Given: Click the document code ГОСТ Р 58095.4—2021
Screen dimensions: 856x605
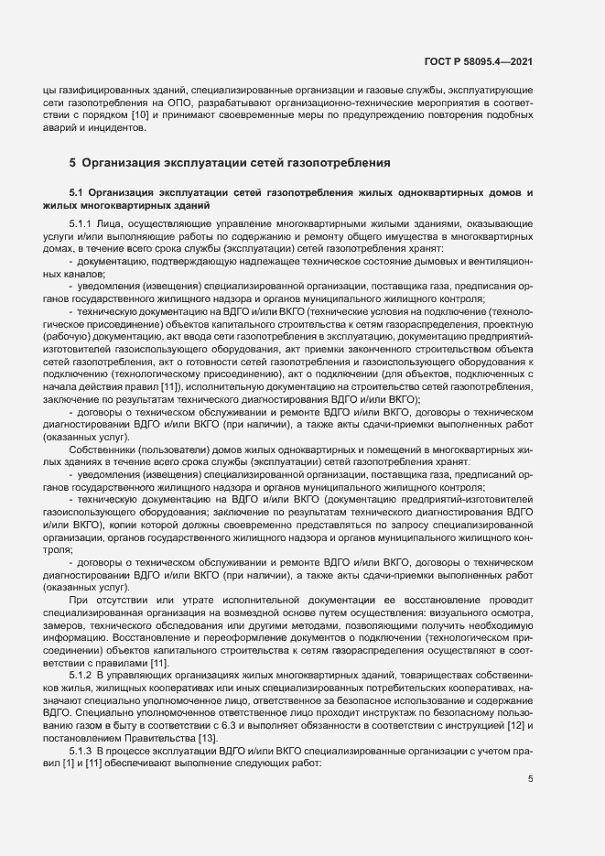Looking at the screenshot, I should [479, 60].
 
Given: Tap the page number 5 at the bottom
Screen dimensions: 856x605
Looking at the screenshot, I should [530, 779].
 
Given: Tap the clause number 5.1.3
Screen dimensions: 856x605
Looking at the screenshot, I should [81, 750].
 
